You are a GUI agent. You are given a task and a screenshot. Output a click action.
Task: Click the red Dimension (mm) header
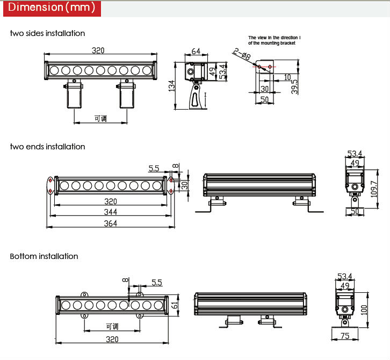[52, 8]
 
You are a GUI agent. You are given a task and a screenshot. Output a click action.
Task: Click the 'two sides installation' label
[47, 33]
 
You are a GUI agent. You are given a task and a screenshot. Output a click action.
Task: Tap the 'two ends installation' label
[47, 147]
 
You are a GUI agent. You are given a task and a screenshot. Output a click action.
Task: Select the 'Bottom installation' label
[44, 256]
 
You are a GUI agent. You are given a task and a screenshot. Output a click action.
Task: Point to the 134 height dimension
[171, 86]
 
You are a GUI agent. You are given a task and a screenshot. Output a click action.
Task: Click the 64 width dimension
[196, 51]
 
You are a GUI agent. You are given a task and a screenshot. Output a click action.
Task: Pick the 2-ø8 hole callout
[242, 54]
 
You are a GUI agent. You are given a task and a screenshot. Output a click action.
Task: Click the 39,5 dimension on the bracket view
[294, 87]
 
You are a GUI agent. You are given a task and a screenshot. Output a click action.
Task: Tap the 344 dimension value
[111, 212]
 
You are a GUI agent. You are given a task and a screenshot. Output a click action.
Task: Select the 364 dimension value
[111, 223]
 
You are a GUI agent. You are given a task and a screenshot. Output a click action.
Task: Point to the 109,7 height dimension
[374, 189]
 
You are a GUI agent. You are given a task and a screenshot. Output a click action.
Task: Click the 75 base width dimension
[345, 336]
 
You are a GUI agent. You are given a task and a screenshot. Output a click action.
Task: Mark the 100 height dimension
[364, 310]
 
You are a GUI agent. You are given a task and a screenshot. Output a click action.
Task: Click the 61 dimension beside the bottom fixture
[175, 305]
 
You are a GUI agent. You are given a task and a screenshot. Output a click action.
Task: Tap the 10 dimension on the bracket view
[287, 77]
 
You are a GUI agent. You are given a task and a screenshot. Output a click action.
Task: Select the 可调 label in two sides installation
[101, 118]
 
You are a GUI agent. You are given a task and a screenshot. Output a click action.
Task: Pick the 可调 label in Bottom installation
[112, 326]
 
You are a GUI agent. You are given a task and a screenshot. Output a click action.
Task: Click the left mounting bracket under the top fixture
[74, 93]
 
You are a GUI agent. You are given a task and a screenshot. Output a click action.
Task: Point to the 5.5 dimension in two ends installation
[154, 168]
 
